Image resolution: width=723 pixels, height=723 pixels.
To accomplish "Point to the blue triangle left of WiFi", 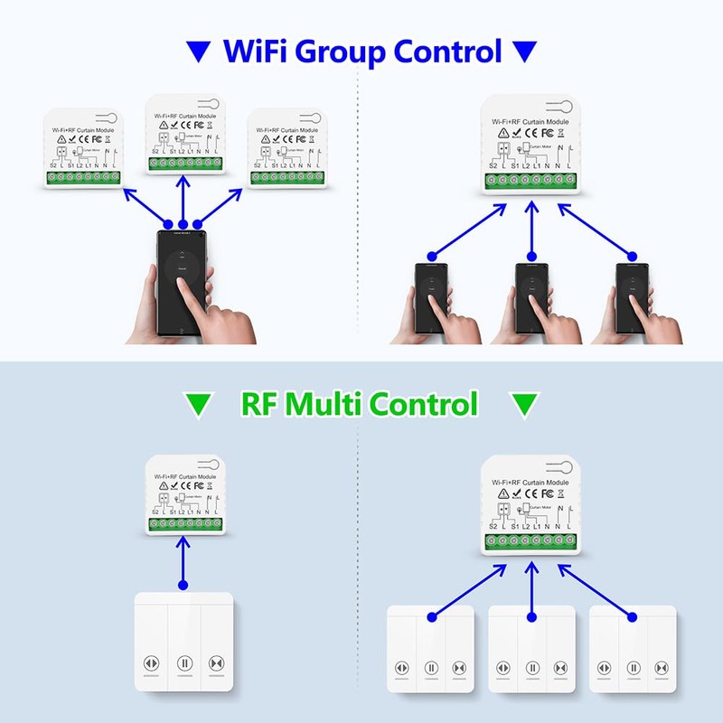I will [x=196, y=51].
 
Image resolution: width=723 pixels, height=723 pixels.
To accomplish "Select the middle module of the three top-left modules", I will [x=184, y=136].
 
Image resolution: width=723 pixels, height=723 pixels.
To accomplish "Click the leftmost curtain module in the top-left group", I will [x=83, y=149].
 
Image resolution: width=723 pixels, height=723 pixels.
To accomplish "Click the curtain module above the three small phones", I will [x=530, y=144].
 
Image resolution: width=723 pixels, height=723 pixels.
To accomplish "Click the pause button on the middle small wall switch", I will [x=533, y=668].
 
